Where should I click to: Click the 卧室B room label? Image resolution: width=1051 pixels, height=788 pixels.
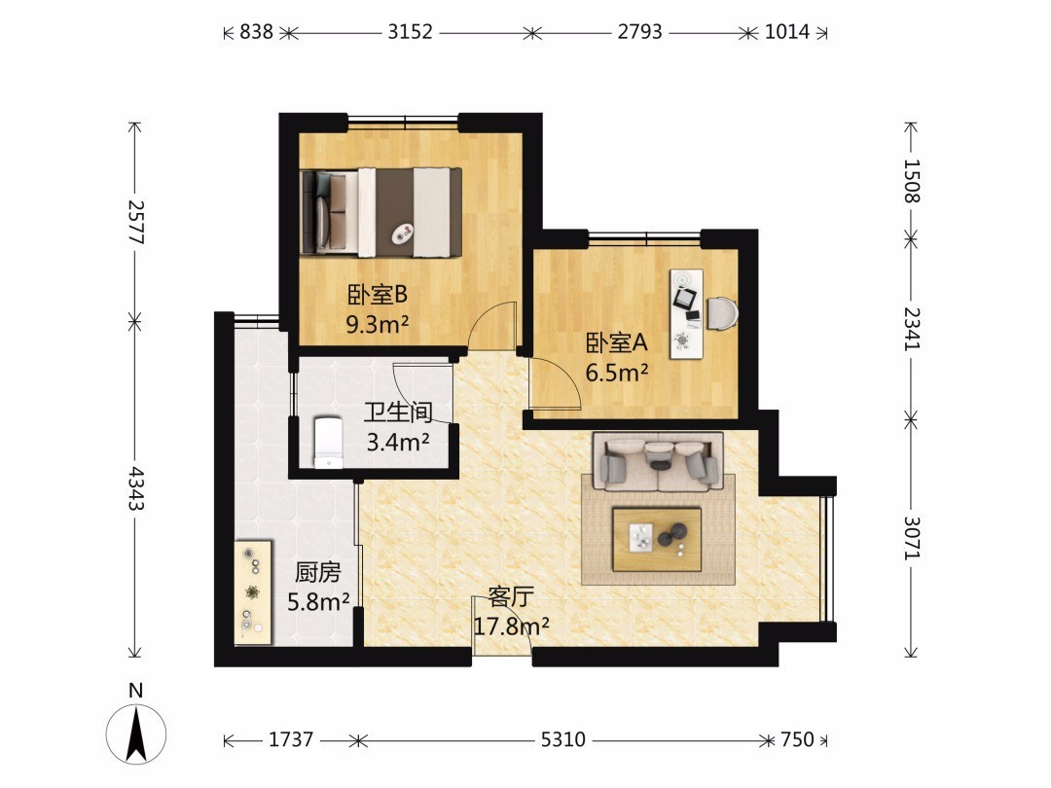click(x=378, y=294)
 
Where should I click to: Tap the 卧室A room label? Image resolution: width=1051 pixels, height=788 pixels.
click(x=617, y=342)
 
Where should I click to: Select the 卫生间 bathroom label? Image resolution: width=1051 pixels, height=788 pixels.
click(x=398, y=412)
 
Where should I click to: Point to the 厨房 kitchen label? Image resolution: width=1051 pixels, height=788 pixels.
click(x=318, y=572)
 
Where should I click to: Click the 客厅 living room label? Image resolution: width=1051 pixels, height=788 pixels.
click(x=511, y=595)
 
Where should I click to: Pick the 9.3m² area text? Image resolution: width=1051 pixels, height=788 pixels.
click(x=378, y=325)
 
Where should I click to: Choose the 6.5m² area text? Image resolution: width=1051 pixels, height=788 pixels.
click(x=617, y=373)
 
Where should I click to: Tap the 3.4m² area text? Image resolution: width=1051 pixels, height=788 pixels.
click(x=398, y=443)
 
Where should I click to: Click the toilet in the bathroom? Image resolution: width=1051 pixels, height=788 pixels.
click(x=329, y=443)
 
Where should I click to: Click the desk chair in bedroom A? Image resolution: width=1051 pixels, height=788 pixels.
click(x=722, y=313)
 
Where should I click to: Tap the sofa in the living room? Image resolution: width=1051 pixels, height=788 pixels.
click(x=658, y=462)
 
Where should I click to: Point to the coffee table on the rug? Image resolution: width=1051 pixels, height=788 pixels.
click(x=658, y=539)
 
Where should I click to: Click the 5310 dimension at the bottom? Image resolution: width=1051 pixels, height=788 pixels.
click(x=563, y=739)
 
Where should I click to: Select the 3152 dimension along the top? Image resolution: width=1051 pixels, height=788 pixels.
click(x=411, y=31)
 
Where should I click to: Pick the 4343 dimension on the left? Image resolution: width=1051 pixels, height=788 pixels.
click(x=136, y=488)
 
